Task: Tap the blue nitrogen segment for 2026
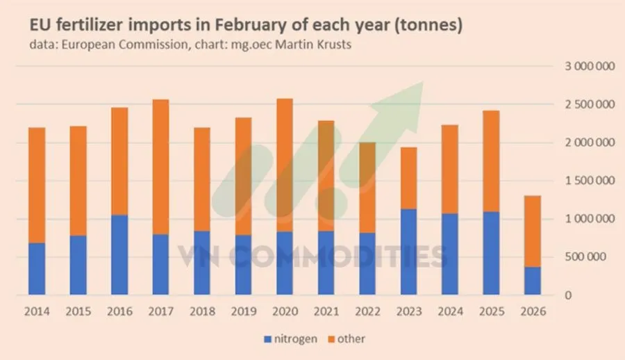pos(533,281)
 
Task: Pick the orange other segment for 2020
pos(285,165)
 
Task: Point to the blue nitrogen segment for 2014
pos(37,269)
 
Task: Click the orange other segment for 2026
pos(533,231)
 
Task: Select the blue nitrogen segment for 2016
pos(119,255)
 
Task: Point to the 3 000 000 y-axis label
pos(583,66)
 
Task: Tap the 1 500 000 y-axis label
pos(583,181)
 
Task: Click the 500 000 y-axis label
pos(587,257)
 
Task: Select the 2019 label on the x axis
pos(243,313)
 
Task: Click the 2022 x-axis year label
pos(367,313)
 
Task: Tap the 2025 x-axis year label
pos(491,313)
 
